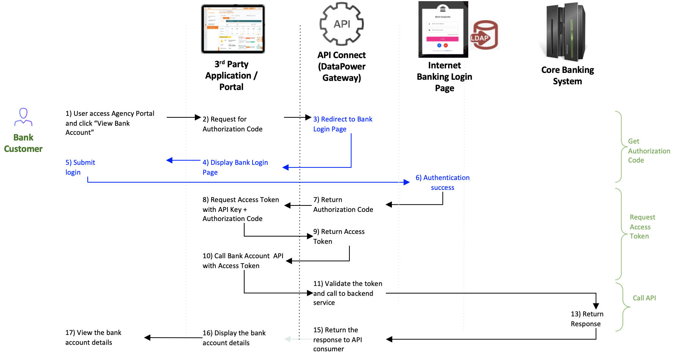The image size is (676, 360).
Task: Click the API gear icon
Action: click(341, 24)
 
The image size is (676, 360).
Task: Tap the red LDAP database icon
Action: click(484, 35)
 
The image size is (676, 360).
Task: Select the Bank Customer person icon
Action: click(24, 117)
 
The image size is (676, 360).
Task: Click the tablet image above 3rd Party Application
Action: click(233, 29)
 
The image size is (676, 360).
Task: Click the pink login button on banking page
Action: click(442, 39)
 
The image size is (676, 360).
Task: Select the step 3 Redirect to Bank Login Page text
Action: click(343, 124)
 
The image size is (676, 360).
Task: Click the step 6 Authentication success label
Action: click(442, 183)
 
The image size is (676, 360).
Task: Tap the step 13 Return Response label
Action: click(587, 319)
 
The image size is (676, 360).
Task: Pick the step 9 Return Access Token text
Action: click(339, 237)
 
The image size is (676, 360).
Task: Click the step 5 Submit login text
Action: click(80, 167)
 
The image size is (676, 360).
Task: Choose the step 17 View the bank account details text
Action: click(93, 338)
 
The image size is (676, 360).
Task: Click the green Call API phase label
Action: click(644, 298)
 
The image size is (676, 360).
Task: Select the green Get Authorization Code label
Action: click(649, 151)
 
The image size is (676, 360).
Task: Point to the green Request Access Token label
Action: click(642, 227)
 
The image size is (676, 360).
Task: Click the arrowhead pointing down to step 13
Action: click(596, 306)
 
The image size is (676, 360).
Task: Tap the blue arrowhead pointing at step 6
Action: click(407, 182)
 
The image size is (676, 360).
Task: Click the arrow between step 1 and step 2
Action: click(183, 117)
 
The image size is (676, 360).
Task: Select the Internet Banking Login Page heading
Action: click(444, 77)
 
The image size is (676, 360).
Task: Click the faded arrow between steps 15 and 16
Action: click(292, 339)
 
